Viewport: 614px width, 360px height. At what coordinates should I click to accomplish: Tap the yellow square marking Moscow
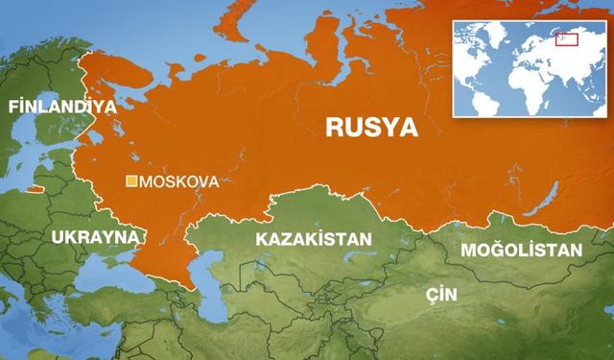(133, 180)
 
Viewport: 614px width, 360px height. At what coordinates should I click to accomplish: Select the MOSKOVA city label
(179, 180)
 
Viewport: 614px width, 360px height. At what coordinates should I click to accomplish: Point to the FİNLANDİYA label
(61, 107)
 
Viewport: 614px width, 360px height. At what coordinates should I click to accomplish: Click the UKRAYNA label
(96, 236)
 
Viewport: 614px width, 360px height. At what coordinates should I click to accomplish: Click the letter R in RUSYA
(336, 126)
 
